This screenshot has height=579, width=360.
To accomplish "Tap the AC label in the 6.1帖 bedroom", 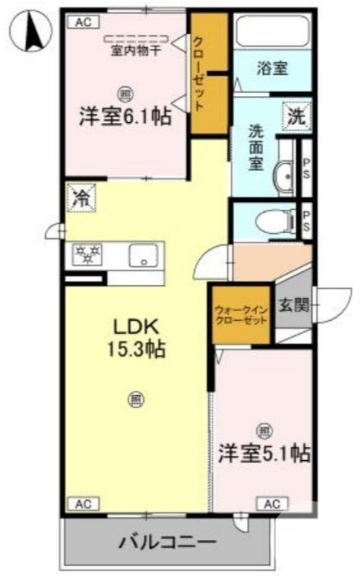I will point(83,23).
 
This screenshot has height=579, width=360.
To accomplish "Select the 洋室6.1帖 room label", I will point(125,116).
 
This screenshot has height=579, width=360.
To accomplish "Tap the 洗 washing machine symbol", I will point(296,114).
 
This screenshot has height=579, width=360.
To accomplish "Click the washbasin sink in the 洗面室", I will point(283,175).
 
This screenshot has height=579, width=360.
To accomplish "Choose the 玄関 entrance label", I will point(294,305).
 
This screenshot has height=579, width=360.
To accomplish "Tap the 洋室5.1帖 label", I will point(264,454).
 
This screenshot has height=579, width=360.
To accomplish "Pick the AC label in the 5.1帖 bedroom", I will point(272,504).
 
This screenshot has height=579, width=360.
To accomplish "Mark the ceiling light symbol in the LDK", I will point(135,397).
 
